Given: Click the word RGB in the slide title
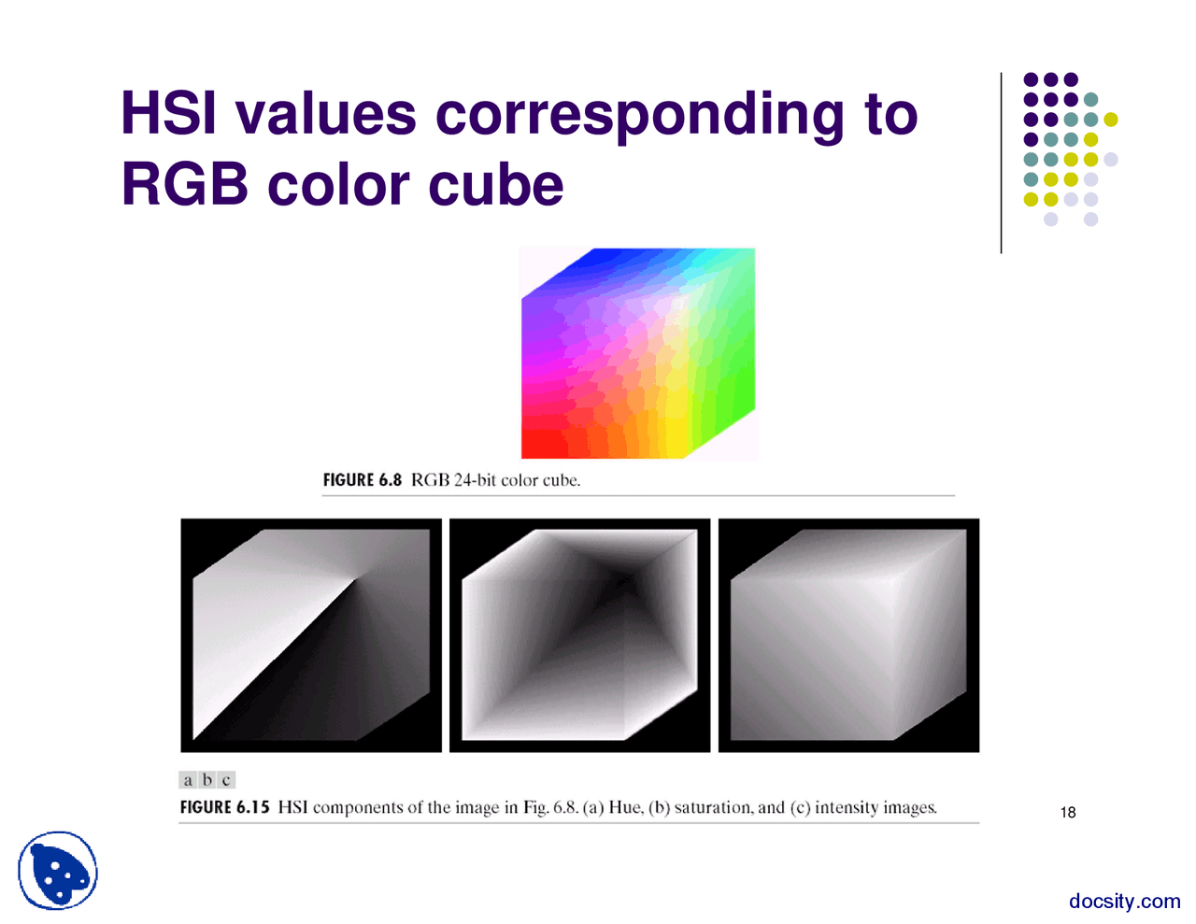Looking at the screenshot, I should point(185,184).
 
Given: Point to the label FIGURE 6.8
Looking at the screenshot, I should point(362,480).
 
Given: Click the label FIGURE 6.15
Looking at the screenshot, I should point(224,807).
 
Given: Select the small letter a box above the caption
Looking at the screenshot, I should point(188,780).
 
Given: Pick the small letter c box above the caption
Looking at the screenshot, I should point(226,780).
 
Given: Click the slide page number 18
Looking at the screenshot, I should point(1068,813).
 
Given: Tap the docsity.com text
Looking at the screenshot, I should point(1124,901).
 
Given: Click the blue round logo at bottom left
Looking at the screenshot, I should point(58,871).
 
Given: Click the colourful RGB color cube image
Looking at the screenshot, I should point(637,353).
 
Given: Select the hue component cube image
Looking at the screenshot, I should point(310,635).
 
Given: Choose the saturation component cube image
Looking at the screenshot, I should point(579,635).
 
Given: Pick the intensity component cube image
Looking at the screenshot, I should point(848,635).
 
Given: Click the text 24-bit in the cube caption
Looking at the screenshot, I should point(475,480).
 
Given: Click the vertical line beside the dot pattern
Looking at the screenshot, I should point(1001,163).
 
